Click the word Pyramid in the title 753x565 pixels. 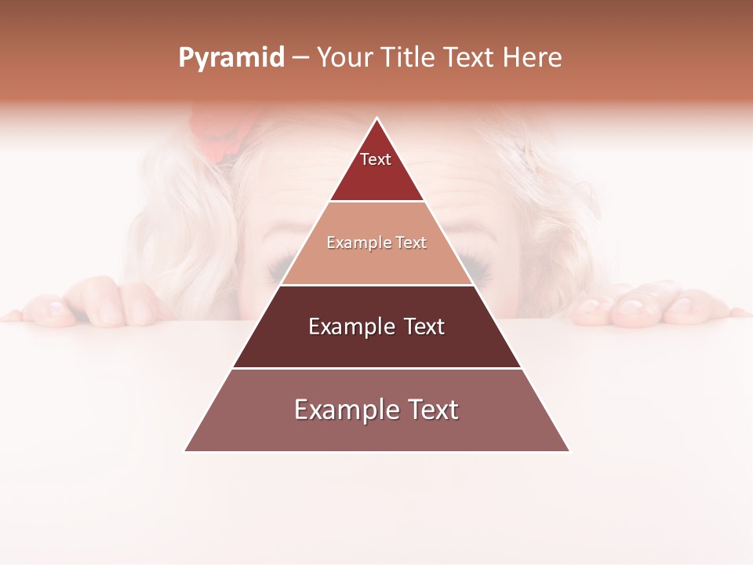coord(231,58)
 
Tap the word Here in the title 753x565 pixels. coord(532,58)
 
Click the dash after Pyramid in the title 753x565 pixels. coord(300,58)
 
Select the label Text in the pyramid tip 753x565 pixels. coord(376,159)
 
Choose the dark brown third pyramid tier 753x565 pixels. coord(376,345)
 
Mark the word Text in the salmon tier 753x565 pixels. coord(412,242)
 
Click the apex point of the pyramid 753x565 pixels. coord(376,119)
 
